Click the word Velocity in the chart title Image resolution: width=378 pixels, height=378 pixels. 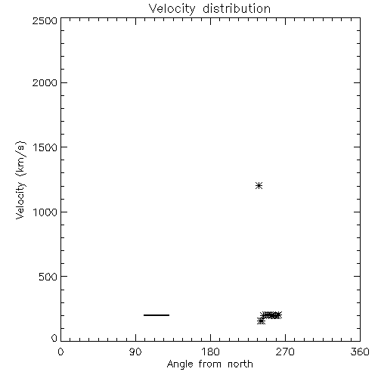[172, 9]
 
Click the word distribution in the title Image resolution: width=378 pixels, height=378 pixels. [237, 8]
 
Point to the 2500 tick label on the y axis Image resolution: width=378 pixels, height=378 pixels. [45, 20]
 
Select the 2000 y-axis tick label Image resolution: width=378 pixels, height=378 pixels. [45, 82]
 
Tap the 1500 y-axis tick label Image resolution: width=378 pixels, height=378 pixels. [45, 147]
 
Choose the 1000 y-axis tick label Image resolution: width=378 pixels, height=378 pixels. [45, 212]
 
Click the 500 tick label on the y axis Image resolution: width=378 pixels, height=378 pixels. [48, 277]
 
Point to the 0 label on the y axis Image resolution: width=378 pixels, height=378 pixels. [54, 338]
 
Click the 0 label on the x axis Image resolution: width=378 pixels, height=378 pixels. [60, 352]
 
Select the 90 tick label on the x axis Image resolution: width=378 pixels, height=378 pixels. [135, 352]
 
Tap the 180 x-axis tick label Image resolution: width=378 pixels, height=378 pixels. [210, 352]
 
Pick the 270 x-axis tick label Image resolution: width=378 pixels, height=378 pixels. [285, 352]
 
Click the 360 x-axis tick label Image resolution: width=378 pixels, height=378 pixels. [360, 352]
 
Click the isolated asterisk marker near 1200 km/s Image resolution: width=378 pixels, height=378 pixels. [259, 186]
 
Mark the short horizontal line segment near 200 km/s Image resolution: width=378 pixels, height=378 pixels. [156, 315]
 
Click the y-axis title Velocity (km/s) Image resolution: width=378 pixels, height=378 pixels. [20, 181]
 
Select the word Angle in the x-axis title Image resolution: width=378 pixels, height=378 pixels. [180, 364]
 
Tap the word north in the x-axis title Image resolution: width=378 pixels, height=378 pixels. [240, 364]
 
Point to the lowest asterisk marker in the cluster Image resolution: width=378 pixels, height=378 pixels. [261, 321]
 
